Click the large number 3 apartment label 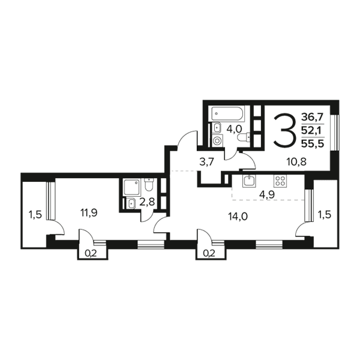(x=284, y=131)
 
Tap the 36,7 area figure (x=312, y=118)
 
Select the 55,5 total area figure (x=313, y=144)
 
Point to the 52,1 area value (x=312, y=131)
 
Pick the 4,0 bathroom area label (x=234, y=129)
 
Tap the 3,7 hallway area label (x=206, y=163)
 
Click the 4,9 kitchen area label (x=267, y=194)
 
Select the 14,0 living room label (x=238, y=217)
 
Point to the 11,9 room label (x=89, y=213)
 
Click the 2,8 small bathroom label (x=147, y=203)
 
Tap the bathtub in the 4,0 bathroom (x=228, y=113)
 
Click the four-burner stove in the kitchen (x=280, y=180)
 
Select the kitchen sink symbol (x=249, y=180)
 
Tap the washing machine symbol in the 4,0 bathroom (x=217, y=140)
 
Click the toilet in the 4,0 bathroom (x=244, y=138)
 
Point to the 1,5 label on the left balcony (x=35, y=215)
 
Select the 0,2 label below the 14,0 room (x=209, y=253)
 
